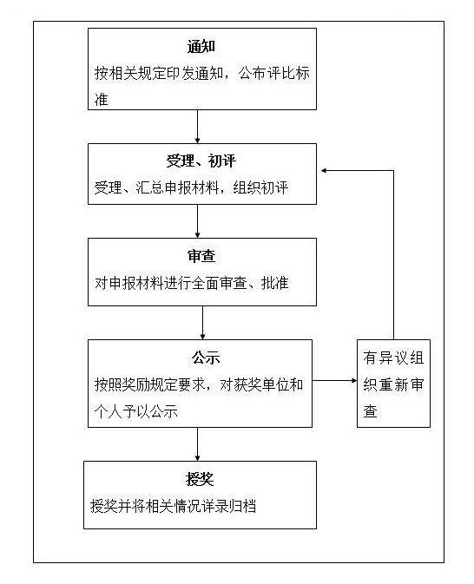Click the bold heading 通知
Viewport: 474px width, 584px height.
(201, 47)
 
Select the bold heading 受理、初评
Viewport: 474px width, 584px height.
(201, 161)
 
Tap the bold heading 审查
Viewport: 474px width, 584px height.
(201, 256)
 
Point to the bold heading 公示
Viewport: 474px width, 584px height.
(206, 358)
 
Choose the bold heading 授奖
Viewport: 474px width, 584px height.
(200, 479)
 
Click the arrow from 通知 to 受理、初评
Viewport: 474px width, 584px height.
(198, 127)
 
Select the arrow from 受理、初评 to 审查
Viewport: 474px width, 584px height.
(198, 221)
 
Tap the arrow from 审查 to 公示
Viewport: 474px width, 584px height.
(203, 323)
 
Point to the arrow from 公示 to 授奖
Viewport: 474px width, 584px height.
(198, 444)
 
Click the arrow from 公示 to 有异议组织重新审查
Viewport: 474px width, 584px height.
(334, 380)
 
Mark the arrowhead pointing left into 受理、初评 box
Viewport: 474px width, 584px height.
(324, 171)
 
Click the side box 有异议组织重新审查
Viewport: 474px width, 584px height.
(393, 384)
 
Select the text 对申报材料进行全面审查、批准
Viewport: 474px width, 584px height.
(192, 283)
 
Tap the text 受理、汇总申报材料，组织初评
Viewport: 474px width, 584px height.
(192, 187)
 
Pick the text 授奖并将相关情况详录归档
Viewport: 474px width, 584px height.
(173, 506)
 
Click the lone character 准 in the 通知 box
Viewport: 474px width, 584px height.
(102, 100)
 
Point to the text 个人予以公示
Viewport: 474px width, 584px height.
(136, 411)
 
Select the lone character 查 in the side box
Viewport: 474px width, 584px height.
(371, 410)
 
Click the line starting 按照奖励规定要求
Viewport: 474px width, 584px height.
(199, 384)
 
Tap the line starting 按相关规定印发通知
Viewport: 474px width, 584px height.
(202, 73)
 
